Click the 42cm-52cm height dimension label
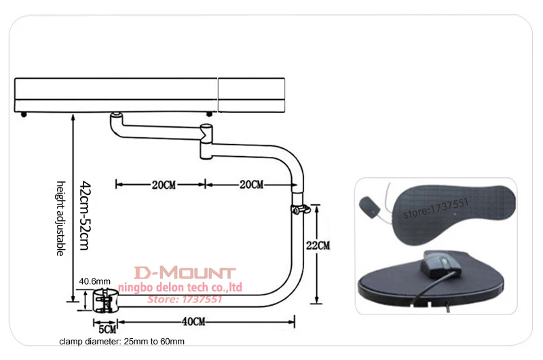(x=84, y=215)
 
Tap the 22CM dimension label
(x=317, y=244)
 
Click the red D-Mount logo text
(x=184, y=274)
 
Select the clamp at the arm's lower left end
(x=105, y=300)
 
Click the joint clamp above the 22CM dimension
(x=299, y=209)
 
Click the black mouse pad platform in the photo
(x=434, y=285)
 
